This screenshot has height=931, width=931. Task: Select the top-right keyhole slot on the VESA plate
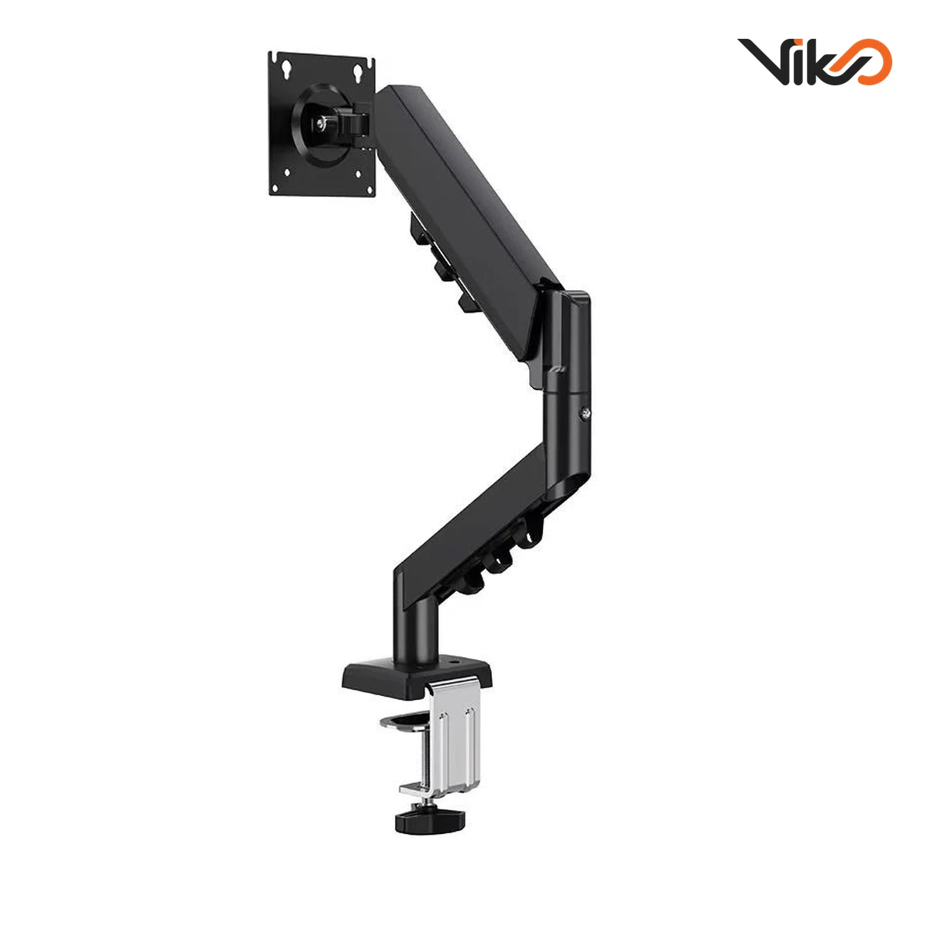click(x=358, y=72)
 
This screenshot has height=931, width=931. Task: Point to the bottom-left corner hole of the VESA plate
click(x=287, y=172)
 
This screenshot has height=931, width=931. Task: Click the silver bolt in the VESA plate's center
click(x=320, y=124)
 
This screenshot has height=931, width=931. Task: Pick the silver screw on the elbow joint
click(x=586, y=413)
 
